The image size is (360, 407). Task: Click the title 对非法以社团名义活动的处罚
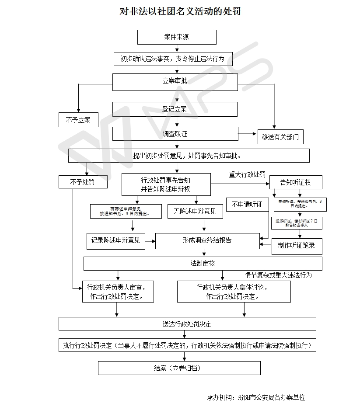[x=180, y=11]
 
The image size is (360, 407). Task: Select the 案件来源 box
[x=177, y=37]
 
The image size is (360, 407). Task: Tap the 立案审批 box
[x=175, y=82]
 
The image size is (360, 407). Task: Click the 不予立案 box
[x=78, y=120]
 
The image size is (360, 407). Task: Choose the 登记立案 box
[x=175, y=109]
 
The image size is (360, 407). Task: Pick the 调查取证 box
[x=175, y=134]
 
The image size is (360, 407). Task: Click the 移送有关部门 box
[x=280, y=137]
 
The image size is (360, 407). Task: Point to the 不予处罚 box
[x=83, y=182]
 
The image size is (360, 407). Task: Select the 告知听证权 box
[x=296, y=182]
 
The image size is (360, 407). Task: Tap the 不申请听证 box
[x=247, y=205]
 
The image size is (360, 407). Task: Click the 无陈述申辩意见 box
[x=195, y=212]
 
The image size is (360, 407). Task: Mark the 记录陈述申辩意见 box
[x=115, y=240]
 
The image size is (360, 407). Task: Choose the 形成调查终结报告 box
[x=207, y=240]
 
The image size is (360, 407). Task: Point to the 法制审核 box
[x=203, y=264]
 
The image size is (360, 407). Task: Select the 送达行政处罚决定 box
[x=187, y=324]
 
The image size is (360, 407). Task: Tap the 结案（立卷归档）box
[x=179, y=368]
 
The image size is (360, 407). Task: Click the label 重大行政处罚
[x=247, y=174]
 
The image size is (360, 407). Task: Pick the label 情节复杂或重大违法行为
[x=278, y=275]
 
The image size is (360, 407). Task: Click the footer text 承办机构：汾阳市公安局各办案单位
[x=256, y=397]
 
